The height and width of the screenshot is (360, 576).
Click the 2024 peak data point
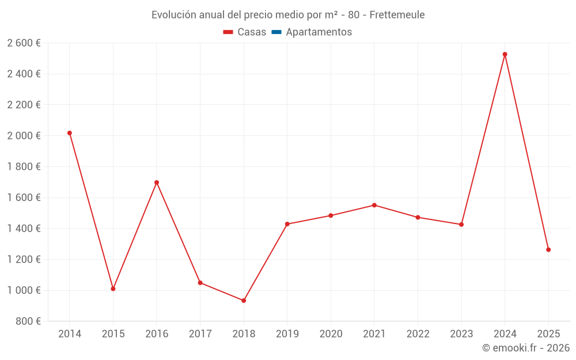pos(505,54)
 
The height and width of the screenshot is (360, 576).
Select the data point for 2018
pos(244,301)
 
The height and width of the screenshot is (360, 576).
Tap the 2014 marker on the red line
pos(70,133)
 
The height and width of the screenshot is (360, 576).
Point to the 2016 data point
pos(157,183)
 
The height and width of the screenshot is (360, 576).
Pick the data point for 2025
pos(548,249)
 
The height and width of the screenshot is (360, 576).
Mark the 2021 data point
pos(374,205)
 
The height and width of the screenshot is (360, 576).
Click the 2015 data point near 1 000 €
pos(113,289)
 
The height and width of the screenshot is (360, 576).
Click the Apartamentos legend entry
pos(319,32)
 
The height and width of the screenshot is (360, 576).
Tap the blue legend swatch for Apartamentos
pos(276,32)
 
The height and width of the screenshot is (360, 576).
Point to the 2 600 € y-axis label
pos(24,43)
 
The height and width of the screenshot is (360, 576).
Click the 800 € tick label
pos(28,321)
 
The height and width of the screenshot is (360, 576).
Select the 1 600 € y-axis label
pos(24,198)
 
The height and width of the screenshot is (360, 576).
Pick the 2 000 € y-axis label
pos(24,136)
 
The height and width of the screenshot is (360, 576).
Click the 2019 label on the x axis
pos(287,334)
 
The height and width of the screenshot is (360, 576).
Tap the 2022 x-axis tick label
pos(418,334)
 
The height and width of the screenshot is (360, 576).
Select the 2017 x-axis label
pos(200,334)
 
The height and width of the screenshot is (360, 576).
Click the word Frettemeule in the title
pos(397,15)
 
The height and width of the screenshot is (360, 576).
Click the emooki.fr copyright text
pos(526,348)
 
